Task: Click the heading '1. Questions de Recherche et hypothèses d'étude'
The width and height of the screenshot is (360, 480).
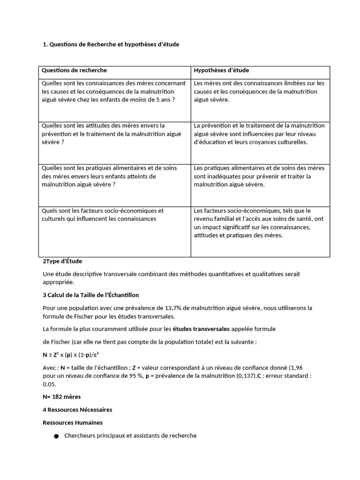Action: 111,45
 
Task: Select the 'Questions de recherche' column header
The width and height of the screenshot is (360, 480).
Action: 75,71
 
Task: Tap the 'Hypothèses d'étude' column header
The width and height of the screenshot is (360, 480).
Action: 221,71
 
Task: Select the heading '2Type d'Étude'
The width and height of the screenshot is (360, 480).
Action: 62,262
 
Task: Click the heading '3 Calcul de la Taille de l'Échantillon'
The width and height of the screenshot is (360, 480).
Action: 91,295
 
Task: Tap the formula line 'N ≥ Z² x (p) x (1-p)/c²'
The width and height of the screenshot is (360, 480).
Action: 71,354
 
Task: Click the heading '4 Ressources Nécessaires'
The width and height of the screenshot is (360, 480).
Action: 77,410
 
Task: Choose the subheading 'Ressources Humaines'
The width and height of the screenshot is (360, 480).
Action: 73,423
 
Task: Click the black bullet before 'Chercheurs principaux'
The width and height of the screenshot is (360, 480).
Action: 56,436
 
